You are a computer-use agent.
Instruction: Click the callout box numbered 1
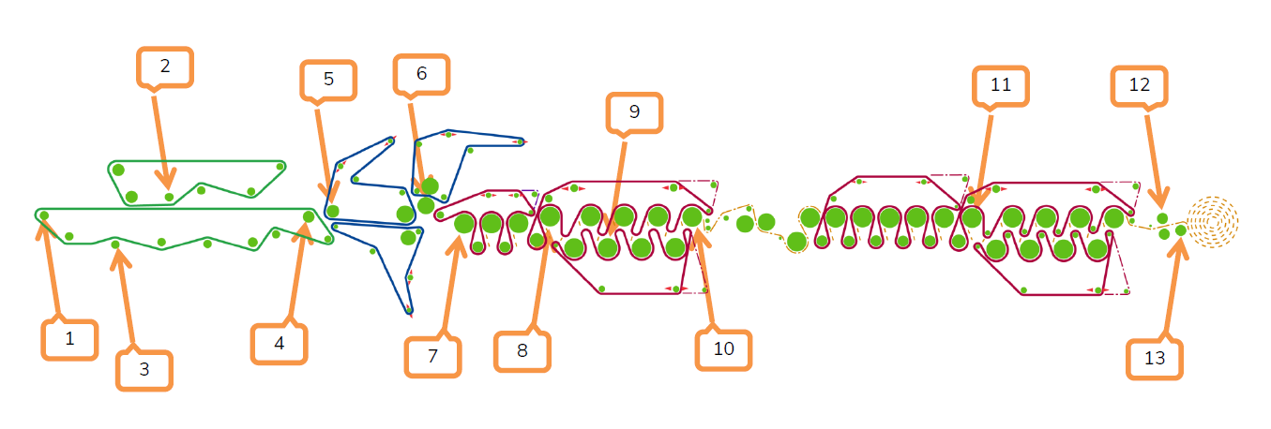tap(69, 339)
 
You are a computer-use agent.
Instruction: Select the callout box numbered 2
tap(165, 67)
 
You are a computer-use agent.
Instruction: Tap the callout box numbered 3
tap(144, 370)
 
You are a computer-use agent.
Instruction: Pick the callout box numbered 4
tap(280, 344)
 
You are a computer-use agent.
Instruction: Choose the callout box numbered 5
tap(328, 80)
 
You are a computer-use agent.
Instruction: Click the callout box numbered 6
tap(421, 74)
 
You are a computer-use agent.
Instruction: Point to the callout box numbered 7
tap(433, 357)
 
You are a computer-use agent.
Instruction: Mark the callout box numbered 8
tap(522, 351)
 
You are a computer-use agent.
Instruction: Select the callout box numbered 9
tap(634, 112)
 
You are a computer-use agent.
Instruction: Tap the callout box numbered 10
tap(724, 349)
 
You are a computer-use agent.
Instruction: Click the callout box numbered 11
tap(1001, 86)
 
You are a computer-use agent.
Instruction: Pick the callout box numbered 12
tap(1140, 86)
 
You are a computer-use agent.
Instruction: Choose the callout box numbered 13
tap(1155, 359)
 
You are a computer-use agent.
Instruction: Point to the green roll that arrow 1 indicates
tap(44, 215)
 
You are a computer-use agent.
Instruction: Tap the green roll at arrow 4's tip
tap(309, 216)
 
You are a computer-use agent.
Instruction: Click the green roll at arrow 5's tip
tap(333, 212)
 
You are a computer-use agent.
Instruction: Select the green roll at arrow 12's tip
tap(1162, 218)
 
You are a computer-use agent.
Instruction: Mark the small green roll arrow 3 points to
tap(115, 244)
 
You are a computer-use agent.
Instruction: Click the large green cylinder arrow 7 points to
tap(464, 223)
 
